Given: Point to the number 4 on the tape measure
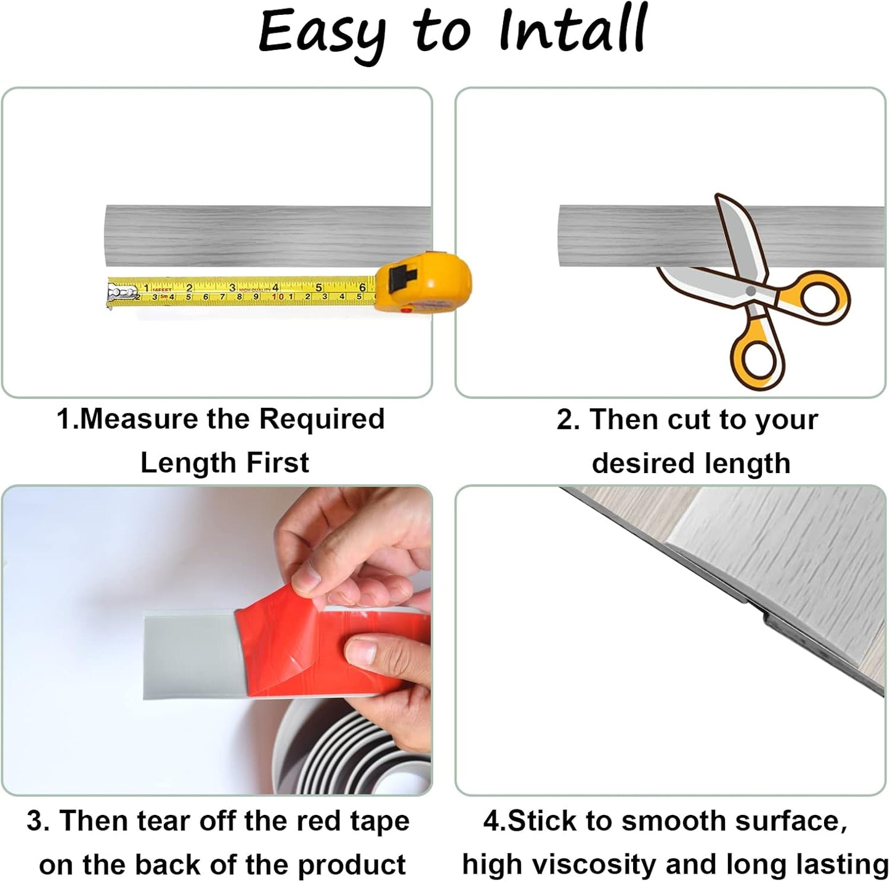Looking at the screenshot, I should click(275, 287).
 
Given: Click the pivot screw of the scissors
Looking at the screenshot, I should click(750, 291).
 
